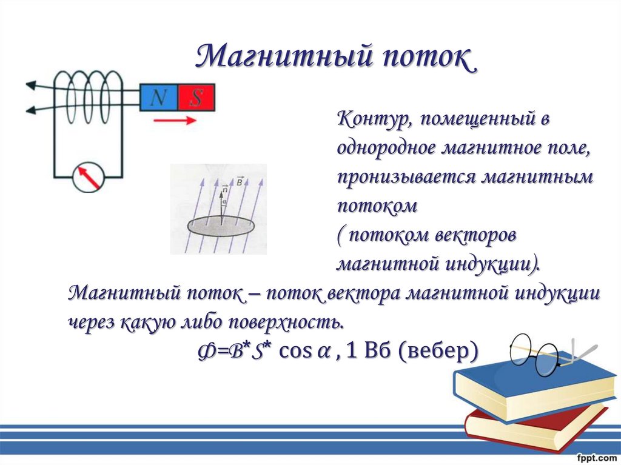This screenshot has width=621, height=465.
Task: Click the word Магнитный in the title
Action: click(284, 56)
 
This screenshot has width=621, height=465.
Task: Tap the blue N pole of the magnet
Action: click(158, 97)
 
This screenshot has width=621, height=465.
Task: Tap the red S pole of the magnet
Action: click(196, 97)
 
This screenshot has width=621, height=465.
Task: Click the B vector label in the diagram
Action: click(240, 181)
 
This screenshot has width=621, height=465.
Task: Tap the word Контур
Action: click(373, 119)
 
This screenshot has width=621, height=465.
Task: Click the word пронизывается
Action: click(406, 178)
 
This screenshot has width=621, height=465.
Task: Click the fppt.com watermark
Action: click(598, 458)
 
